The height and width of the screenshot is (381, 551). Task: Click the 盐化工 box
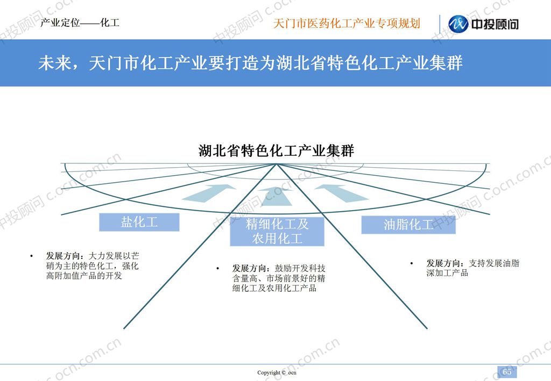(x=139, y=222)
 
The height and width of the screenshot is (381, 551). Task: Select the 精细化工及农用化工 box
(x=277, y=232)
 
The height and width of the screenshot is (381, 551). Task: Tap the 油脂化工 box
(x=408, y=225)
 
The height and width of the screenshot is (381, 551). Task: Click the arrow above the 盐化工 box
(x=209, y=193)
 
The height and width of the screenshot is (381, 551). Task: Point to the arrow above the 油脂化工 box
(x=341, y=193)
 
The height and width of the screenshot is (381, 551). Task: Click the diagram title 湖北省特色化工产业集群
(x=276, y=151)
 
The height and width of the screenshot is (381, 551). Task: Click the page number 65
(x=507, y=372)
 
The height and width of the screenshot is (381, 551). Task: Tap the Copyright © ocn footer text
(x=277, y=372)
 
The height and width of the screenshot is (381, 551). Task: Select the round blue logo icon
(x=458, y=24)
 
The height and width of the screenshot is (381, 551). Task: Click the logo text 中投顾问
(x=495, y=24)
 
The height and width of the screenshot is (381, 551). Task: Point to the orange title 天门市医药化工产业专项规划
(x=347, y=24)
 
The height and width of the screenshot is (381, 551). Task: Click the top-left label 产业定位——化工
(x=80, y=23)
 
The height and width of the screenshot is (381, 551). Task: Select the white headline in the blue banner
(x=250, y=63)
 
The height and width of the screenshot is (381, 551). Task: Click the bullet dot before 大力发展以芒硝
(x=32, y=256)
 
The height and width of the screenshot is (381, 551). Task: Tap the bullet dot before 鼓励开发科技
(x=218, y=269)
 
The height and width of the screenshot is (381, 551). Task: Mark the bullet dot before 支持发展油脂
(x=412, y=263)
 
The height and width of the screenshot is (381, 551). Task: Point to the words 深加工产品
(x=447, y=273)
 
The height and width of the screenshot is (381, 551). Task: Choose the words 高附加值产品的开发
(x=84, y=276)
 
